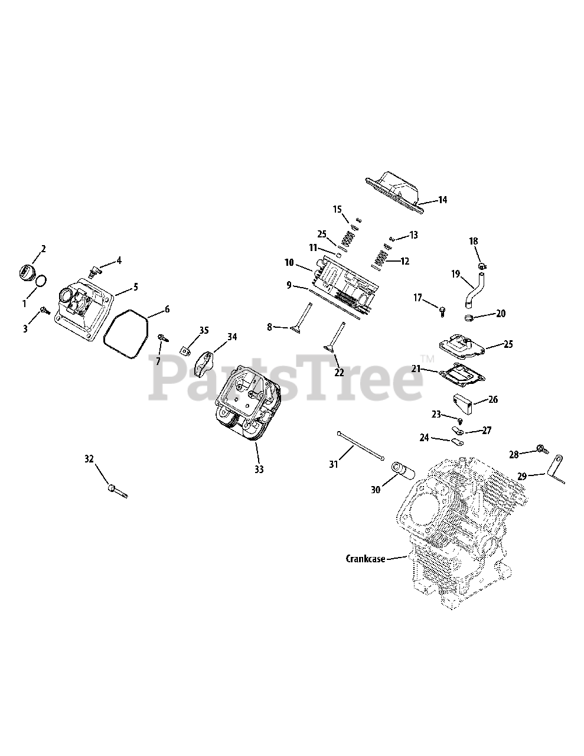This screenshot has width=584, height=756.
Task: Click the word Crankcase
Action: [365, 558]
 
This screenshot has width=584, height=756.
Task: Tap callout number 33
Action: [259, 470]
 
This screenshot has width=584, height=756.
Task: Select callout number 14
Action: [442, 200]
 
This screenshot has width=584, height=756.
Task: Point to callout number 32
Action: [89, 459]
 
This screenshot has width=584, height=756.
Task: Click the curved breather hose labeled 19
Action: [472, 290]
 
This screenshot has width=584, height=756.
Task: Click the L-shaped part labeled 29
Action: [558, 469]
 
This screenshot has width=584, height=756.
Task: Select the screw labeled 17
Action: [442, 309]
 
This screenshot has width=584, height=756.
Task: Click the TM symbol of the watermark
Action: [427, 359]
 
